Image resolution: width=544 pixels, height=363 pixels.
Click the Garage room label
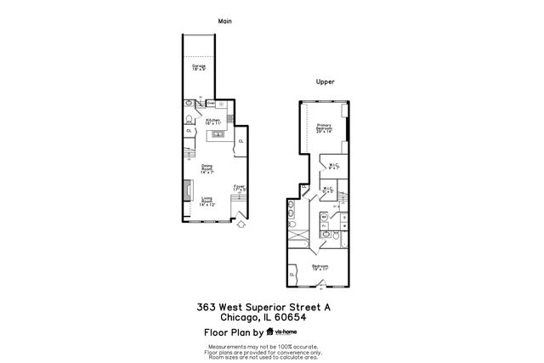(x=199, y=66)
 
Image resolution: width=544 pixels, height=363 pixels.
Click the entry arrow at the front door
(x=241, y=225)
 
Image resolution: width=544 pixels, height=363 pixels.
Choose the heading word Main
(x=224, y=20)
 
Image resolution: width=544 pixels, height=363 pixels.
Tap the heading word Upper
(x=325, y=82)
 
